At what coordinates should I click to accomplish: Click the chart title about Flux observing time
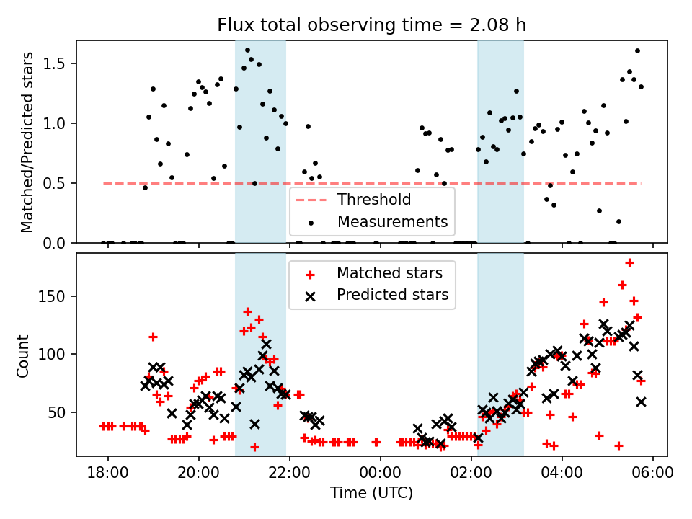coord(372,25)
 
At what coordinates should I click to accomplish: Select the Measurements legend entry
coord(392,221)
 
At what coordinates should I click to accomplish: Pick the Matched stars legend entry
coord(389,273)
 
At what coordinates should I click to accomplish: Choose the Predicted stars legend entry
coord(392,295)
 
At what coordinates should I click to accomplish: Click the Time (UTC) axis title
coord(372,493)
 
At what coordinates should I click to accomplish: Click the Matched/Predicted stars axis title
coord(27,142)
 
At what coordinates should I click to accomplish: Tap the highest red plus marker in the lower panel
coord(629,262)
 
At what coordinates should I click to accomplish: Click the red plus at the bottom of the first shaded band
coord(254,447)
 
